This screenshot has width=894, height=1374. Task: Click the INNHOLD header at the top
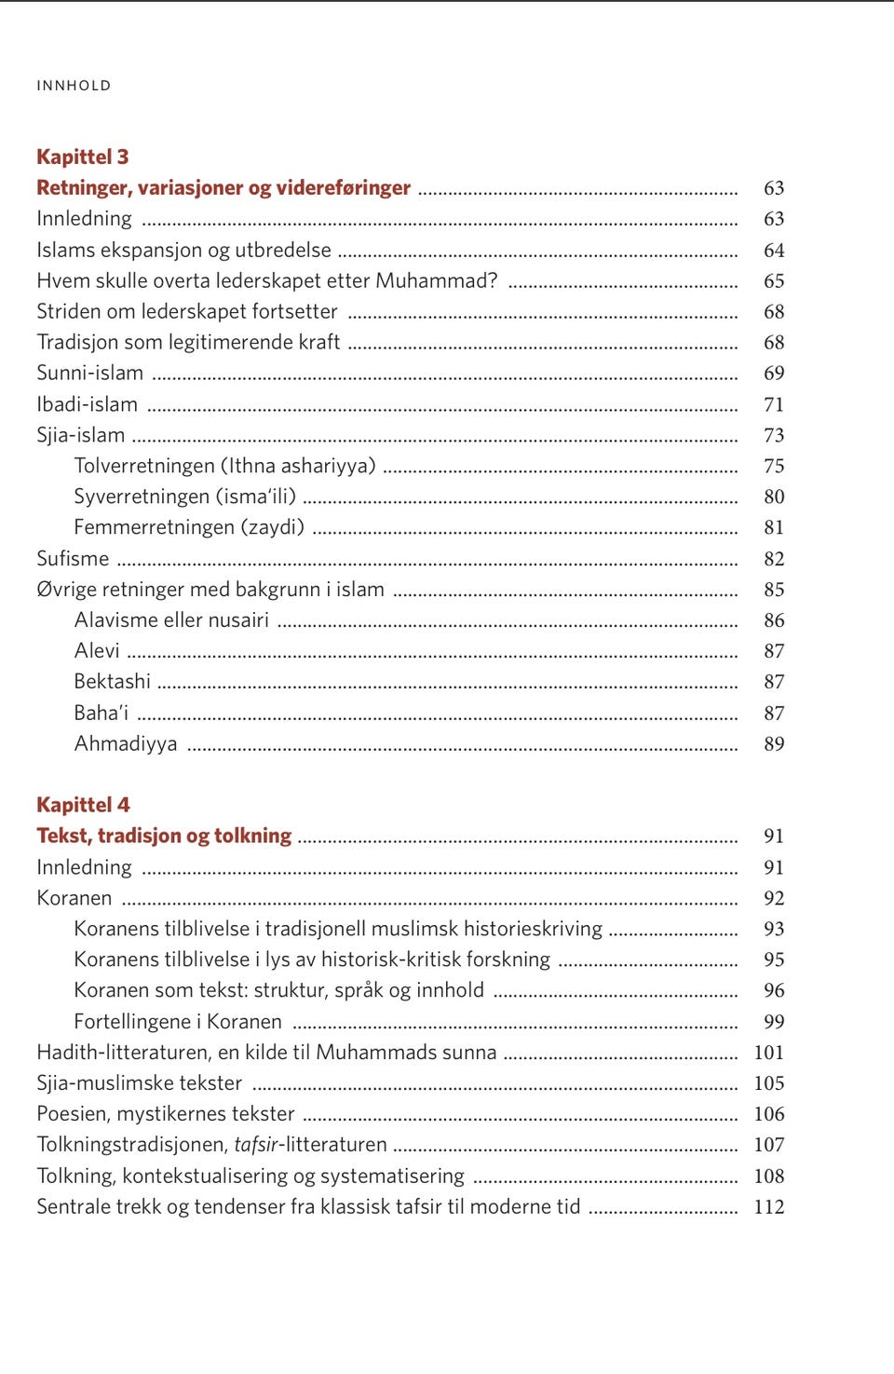[x=74, y=86]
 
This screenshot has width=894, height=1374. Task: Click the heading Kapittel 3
[x=83, y=156]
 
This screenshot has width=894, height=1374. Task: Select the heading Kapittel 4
[x=83, y=805]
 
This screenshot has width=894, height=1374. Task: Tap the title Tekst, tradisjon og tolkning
[x=164, y=836]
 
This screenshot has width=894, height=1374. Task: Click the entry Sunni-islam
[x=90, y=374]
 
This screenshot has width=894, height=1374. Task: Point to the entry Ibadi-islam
[x=87, y=404]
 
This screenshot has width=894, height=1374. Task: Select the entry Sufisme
[x=73, y=559]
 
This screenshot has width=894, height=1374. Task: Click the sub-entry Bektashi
[x=112, y=682]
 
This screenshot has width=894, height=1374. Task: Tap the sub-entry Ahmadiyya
[x=126, y=743]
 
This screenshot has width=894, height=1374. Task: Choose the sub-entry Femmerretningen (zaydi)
[x=189, y=527]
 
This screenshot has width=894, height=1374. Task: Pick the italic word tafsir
[x=256, y=1145]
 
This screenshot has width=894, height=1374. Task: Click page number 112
[x=769, y=1207]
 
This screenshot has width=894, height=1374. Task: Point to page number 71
[x=774, y=404]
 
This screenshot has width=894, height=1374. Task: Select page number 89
[x=774, y=743]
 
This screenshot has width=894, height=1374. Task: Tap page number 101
[x=769, y=1053]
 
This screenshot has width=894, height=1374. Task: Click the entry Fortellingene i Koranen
[x=178, y=1022]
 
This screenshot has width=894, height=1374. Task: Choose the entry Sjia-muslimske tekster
[x=139, y=1083]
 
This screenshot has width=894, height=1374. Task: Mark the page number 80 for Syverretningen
[x=774, y=497]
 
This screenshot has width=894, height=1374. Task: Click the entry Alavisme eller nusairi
[x=171, y=620]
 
